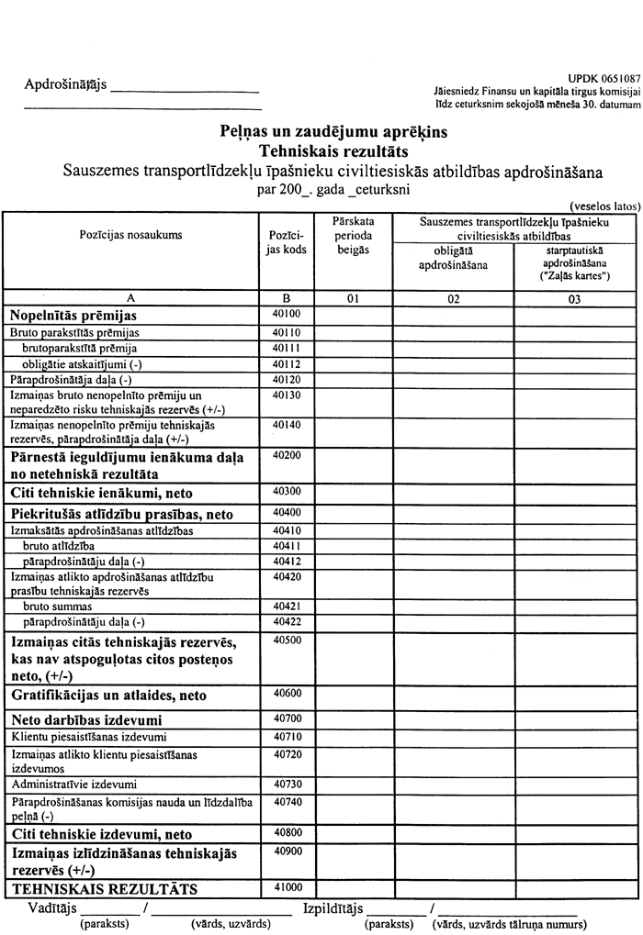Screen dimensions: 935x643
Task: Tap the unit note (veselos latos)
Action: (x=604, y=207)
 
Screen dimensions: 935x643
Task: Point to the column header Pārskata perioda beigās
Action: (x=354, y=235)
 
